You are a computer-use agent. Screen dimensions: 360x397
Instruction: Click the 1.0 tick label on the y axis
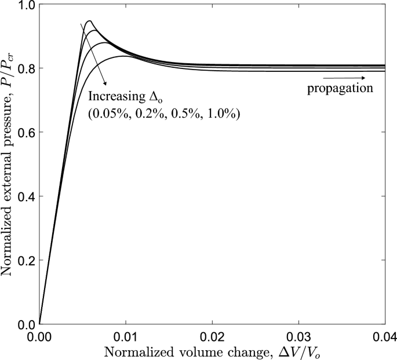[24, 5]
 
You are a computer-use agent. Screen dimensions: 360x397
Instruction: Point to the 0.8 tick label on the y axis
[24, 69]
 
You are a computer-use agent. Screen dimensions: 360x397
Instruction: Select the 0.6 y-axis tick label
[24, 133]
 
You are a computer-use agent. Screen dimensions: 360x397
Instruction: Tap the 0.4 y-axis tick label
[24, 197]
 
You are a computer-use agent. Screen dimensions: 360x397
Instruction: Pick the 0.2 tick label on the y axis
[24, 260]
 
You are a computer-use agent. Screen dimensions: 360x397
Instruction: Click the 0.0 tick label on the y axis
[24, 324]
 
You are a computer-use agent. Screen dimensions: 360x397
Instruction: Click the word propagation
[338, 89]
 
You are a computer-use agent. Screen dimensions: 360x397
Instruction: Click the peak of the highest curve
[89, 21]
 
